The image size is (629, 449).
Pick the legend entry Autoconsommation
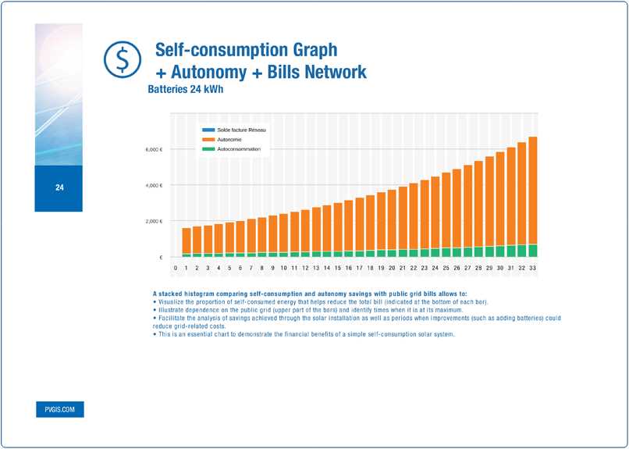[x=237, y=148]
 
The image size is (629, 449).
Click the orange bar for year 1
[x=187, y=241]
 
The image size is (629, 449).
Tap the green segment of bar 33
[x=532, y=251]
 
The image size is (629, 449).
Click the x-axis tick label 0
[x=176, y=268]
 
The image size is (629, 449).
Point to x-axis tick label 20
[x=392, y=268]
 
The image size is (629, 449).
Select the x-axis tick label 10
[x=284, y=268]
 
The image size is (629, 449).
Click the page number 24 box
[x=59, y=188]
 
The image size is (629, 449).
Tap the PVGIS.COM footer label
[x=59, y=409]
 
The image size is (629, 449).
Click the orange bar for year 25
[x=446, y=210]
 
